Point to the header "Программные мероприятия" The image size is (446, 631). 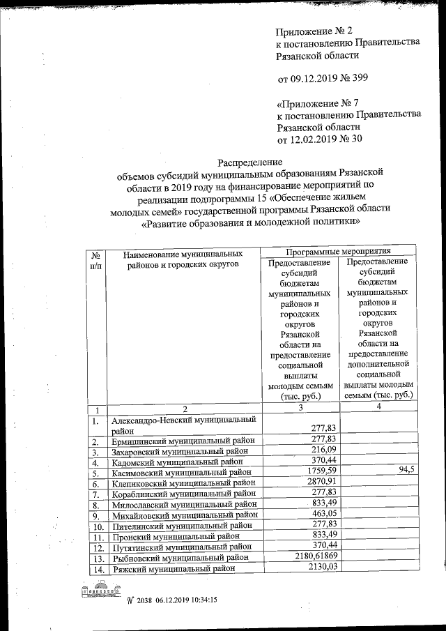click(337, 250)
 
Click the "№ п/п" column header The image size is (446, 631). click(97, 261)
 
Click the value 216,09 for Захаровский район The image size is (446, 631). click(322, 450)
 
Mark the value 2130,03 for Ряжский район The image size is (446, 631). click(318, 569)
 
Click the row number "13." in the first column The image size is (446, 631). click(97, 558)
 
